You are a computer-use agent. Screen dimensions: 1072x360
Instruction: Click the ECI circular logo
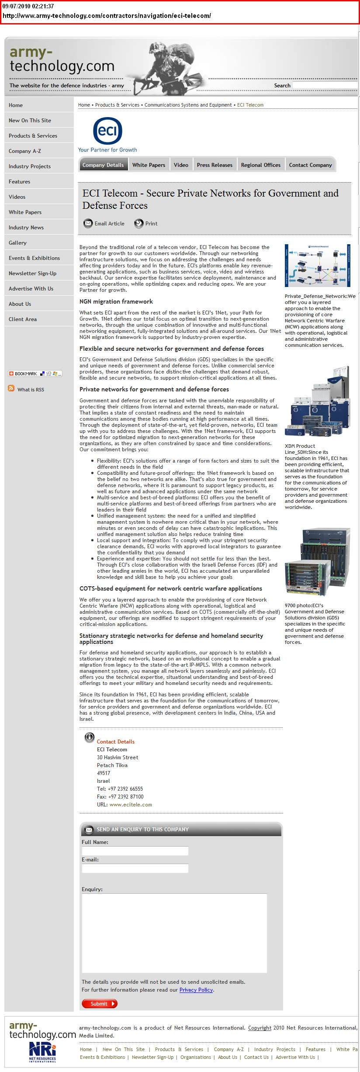click(x=107, y=131)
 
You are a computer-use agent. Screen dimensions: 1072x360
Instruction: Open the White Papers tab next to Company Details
click(x=149, y=165)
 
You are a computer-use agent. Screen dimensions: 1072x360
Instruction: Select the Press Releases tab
click(x=215, y=165)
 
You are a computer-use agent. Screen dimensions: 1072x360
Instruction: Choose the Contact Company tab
click(x=310, y=165)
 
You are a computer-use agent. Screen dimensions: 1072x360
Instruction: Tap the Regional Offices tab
click(x=260, y=165)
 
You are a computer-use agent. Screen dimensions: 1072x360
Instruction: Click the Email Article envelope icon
click(x=88, y=223)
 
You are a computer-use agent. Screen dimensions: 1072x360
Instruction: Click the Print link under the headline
click(x=151, y=223)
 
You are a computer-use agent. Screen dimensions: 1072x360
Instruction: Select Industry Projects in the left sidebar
click(x=30, y=166)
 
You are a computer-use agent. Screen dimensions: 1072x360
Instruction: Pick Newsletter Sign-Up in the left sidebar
click(x=32, y=273)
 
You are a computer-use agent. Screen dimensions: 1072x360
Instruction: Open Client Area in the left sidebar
click(x=23, y=319)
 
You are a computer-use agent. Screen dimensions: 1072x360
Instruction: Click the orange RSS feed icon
click(x=11, y=388)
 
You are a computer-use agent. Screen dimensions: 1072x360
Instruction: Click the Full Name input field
click(x=135, y=851)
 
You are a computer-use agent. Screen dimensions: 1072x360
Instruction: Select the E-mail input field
click(x=135, y=868)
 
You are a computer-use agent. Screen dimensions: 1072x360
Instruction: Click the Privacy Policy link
click(x=196, y=989)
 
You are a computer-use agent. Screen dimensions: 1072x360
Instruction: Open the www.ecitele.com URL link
click(x=131, y=804)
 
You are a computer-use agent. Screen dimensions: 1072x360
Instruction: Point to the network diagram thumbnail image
click(x=317, y=265)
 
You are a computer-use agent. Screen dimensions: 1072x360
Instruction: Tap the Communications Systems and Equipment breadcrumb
click(x=188, y=105)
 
